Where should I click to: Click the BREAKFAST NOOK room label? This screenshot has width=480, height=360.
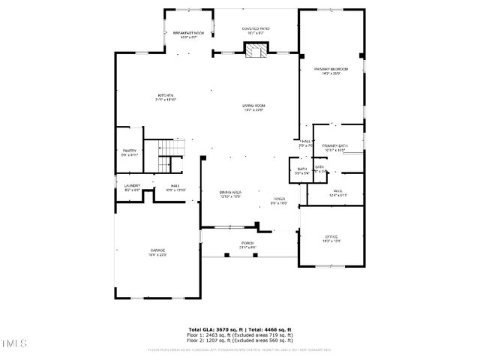click(188, 34)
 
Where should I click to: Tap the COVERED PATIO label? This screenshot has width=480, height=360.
click(256, 28)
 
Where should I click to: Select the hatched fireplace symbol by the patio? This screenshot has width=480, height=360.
click(256, 50)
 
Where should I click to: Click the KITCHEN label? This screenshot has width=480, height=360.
click(165, 95)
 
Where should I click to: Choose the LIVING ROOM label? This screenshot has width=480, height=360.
click(253, 106)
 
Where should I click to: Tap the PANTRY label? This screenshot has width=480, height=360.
click(129, 151)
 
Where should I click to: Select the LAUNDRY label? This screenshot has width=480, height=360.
click(132, 185)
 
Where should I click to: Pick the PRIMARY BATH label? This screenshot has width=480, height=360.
click(334, 145)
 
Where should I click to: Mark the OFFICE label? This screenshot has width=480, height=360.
click(331, 237)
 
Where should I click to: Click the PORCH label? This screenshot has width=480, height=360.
click(247, 243)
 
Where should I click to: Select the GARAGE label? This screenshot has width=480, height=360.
click(157, 250)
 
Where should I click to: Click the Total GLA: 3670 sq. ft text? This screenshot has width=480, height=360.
click(214, 329)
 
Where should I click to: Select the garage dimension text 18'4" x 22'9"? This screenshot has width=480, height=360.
click(157, 255)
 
